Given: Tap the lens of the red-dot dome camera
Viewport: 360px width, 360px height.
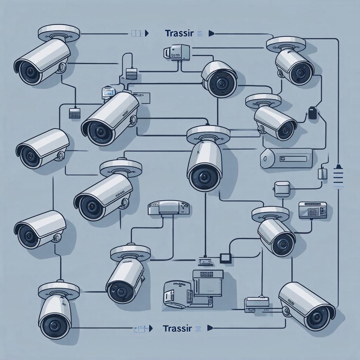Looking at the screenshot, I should [221, 84].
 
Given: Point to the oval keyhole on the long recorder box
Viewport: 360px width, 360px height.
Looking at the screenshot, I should [266, 159].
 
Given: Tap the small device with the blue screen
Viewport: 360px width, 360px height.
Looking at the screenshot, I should [108, 92].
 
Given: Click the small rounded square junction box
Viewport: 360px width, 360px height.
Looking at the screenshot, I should [282, 188].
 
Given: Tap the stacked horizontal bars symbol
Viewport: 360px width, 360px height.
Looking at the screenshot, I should [338, 178].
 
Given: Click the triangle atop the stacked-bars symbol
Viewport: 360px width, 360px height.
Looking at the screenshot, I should [338, 166].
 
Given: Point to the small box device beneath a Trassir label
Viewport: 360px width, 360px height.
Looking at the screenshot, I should [176, 51].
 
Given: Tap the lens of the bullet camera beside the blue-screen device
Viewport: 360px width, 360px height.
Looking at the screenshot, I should [101, 132].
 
